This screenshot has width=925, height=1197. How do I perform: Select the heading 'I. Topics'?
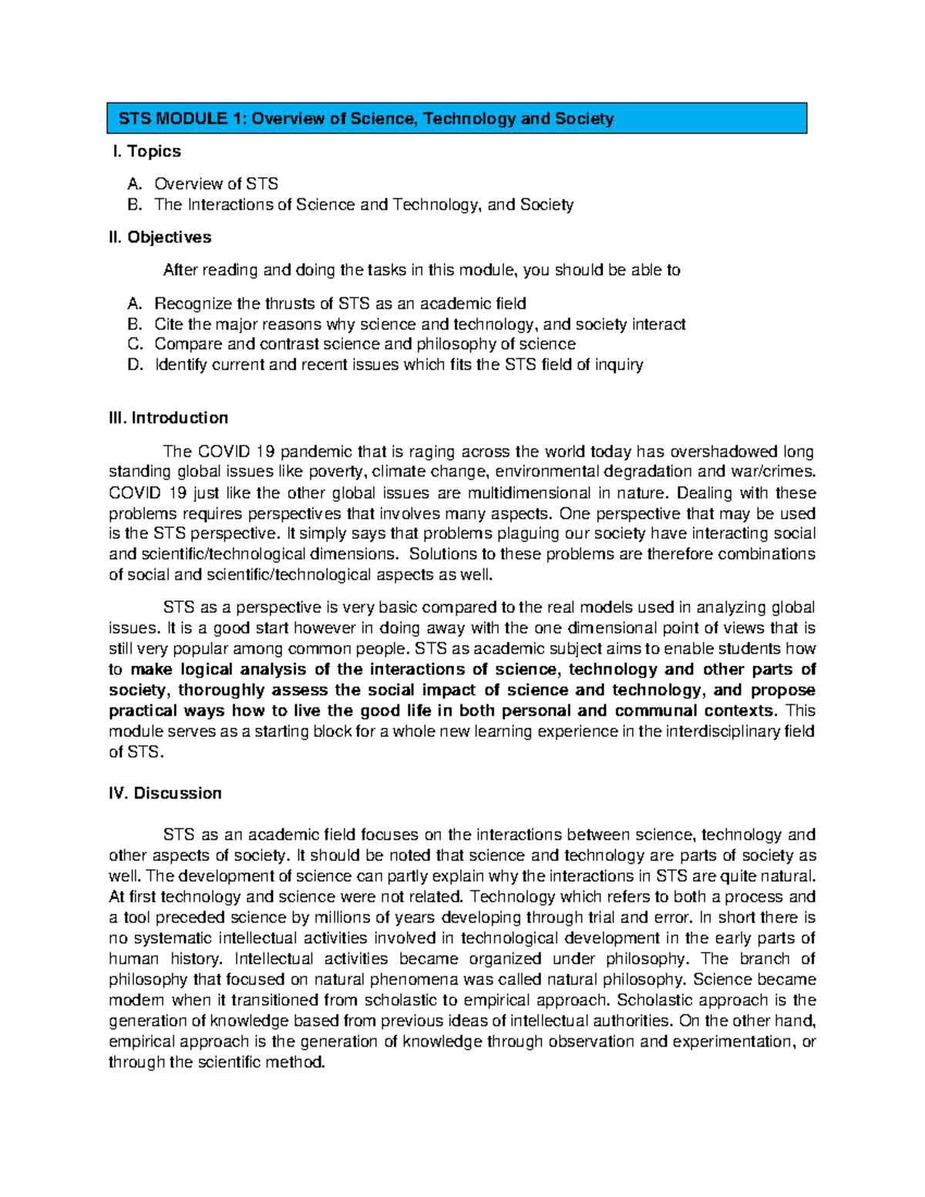146,151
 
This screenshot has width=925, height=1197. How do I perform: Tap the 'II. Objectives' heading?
160,237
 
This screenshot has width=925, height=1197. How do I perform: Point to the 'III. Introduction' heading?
169,418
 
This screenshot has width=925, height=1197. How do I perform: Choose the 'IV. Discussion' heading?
165,793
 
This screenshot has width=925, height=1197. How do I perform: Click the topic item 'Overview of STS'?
216,183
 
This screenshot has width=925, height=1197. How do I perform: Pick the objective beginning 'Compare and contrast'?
365,344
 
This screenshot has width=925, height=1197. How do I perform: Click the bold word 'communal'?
655,711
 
